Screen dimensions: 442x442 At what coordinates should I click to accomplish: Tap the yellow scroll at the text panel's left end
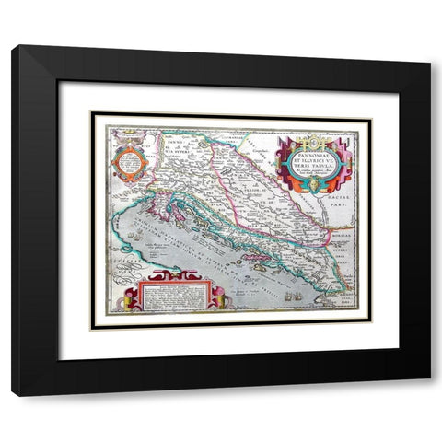[x=136, y=297]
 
